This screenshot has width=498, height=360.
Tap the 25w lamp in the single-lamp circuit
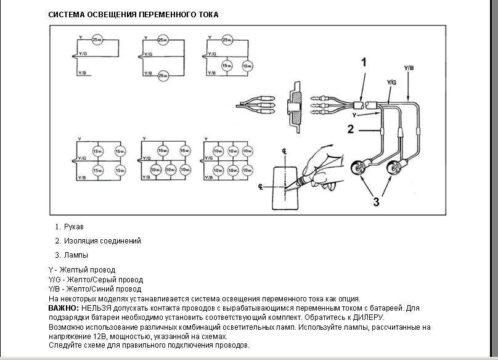97,41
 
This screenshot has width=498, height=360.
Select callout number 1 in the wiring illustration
364,62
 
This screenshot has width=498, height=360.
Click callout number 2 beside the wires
349,129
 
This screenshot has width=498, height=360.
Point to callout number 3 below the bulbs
375,200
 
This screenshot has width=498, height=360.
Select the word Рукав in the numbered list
74,227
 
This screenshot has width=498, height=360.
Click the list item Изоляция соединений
102,241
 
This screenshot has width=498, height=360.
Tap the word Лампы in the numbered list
76,255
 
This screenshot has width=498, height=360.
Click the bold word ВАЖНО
63,307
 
